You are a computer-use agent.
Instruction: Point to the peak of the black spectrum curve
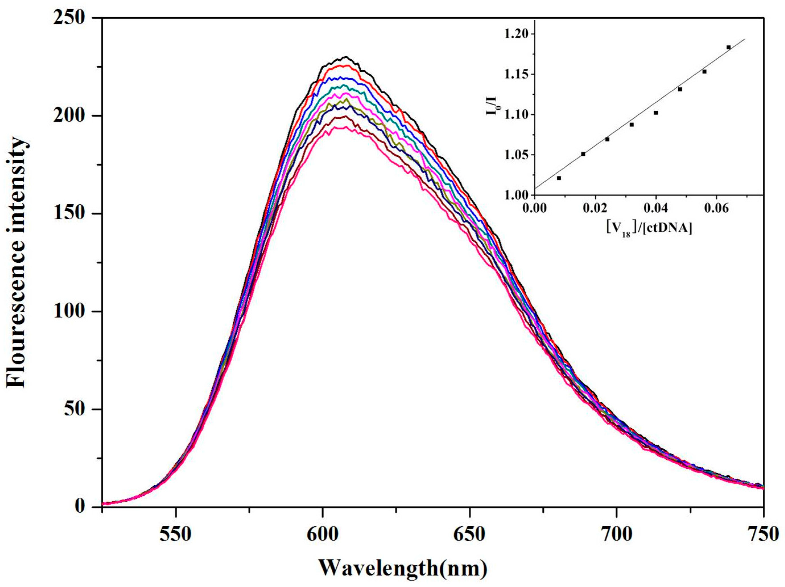(345, 57)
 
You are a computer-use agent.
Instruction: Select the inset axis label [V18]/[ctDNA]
(649, 229)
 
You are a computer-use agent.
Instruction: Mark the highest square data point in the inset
(729, 47)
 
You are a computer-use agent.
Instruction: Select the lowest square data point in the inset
(559, 178)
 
